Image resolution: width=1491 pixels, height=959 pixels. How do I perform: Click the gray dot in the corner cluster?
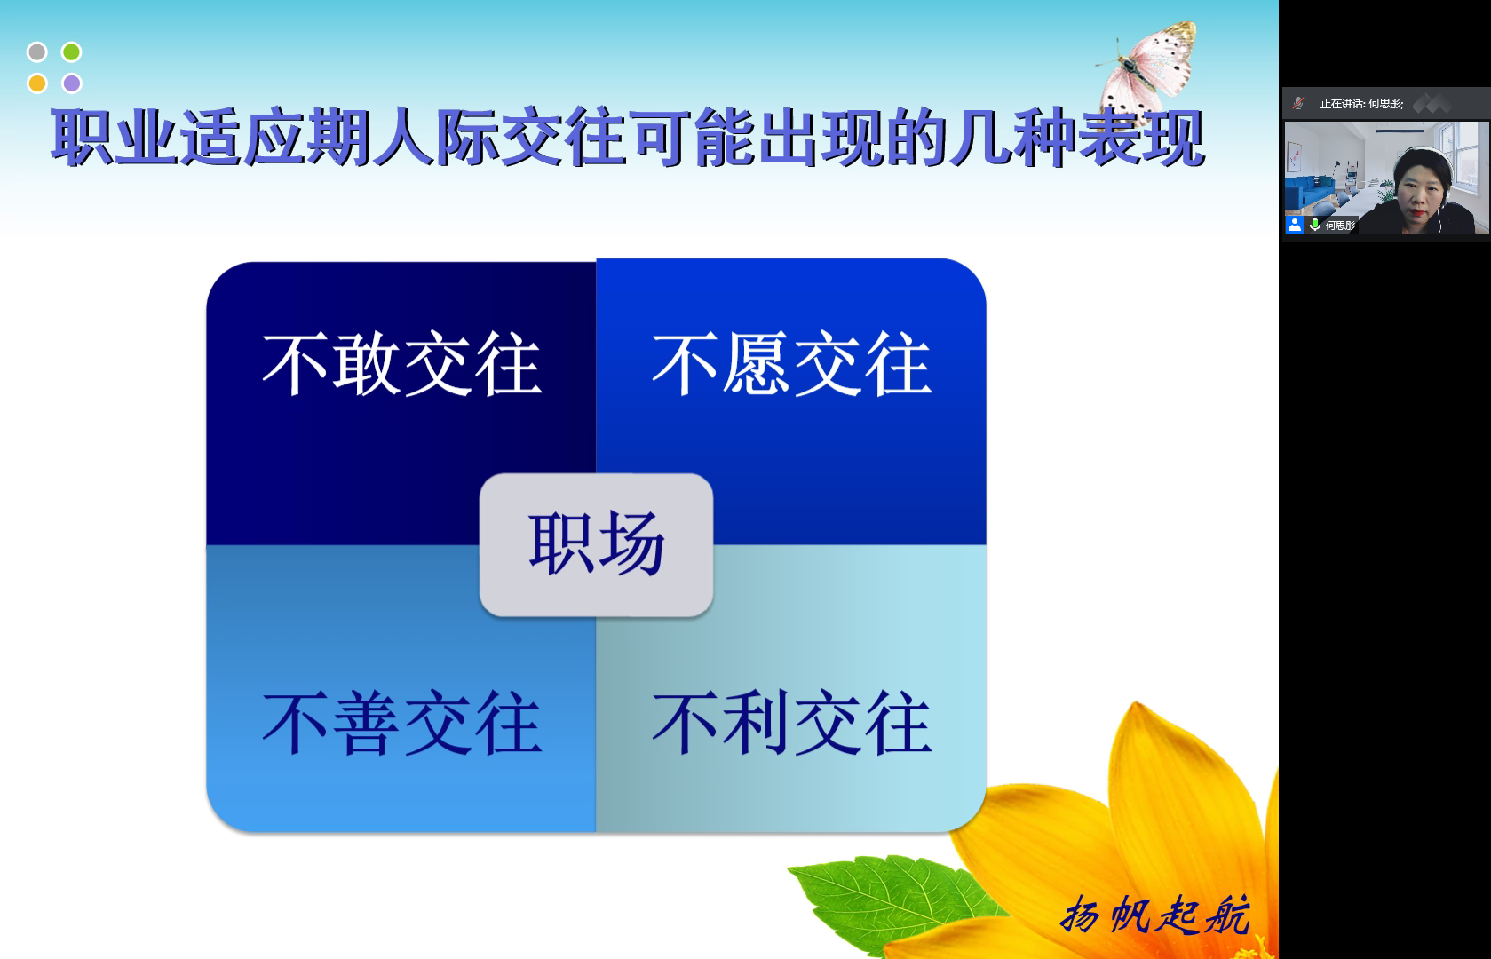(37, 52)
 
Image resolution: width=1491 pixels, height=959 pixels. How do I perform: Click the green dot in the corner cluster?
(71, 52)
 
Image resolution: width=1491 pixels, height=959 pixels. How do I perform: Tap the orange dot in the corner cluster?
(37, 83)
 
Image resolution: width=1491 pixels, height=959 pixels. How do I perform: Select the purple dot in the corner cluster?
(71, 83)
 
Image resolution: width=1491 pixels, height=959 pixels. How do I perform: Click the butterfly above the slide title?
(1148, 70)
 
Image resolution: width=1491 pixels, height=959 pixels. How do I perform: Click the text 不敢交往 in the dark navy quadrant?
(401, 364)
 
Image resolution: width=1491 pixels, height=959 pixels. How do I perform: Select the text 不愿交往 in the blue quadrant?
(791, 364)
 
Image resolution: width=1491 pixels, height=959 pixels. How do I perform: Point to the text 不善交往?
(401, 723)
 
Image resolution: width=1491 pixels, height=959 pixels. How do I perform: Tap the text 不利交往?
(791, 723)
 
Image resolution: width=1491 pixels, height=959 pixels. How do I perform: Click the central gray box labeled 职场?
(597, 545)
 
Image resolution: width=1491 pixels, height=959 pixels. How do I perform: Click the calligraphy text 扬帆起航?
(1154, 915)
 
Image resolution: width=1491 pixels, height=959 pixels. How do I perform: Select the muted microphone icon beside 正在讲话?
(1298, 103)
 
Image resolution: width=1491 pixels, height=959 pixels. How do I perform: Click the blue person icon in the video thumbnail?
(1295, 225)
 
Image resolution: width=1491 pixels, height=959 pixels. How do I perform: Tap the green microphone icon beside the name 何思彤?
(1314, 225)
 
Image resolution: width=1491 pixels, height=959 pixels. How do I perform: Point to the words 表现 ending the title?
(1141, 138)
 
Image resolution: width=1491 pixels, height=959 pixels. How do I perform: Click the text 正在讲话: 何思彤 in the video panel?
(1362, 103)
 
